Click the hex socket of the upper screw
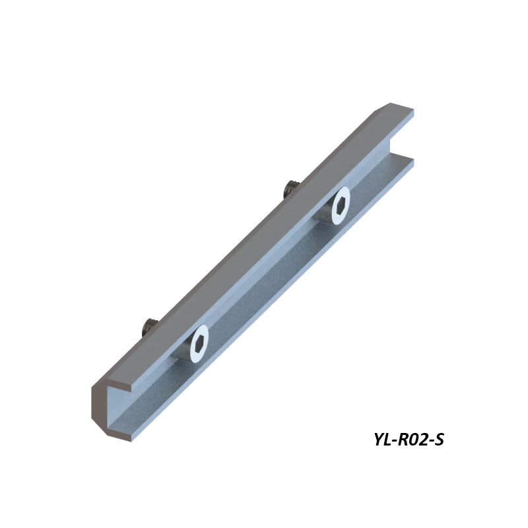341,205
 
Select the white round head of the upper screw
341,205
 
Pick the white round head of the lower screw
199,343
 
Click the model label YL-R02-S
409,439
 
